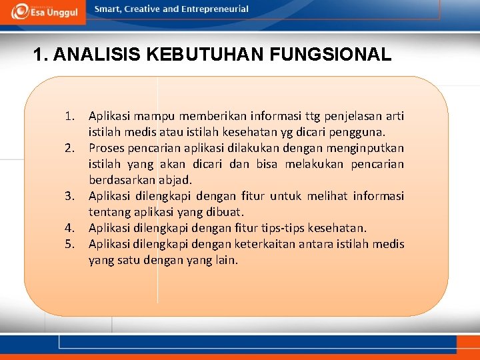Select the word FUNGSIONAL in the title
332,55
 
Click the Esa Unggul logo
43,11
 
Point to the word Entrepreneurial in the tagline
215,9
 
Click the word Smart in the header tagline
109,9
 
